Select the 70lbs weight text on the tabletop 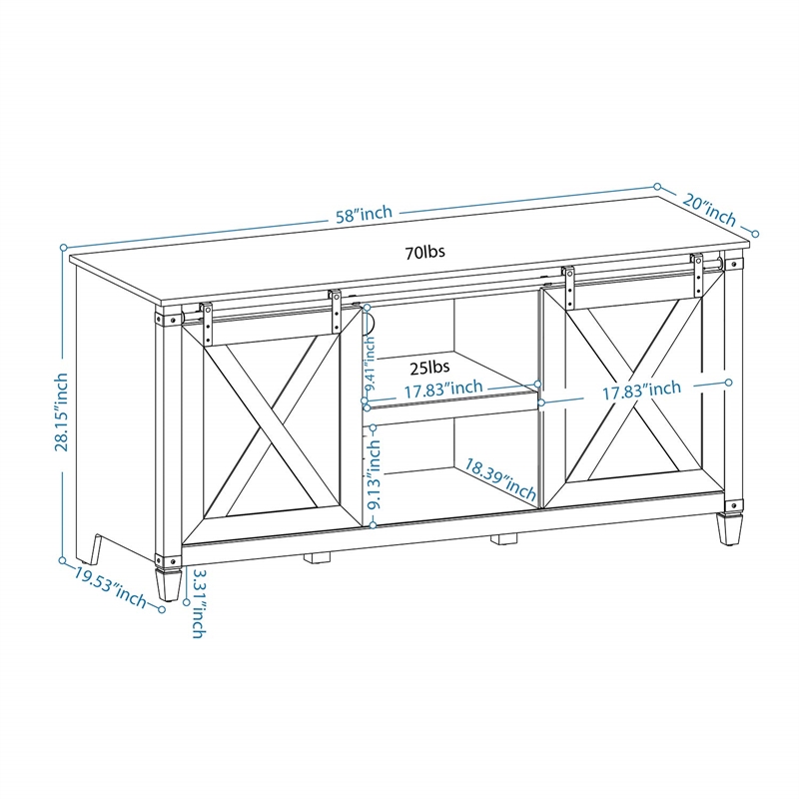point(424,252)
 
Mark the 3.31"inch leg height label point(198,603)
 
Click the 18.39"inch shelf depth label point(501,478)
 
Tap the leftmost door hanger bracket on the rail point(206,319)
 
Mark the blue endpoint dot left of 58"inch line point(62,246)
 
